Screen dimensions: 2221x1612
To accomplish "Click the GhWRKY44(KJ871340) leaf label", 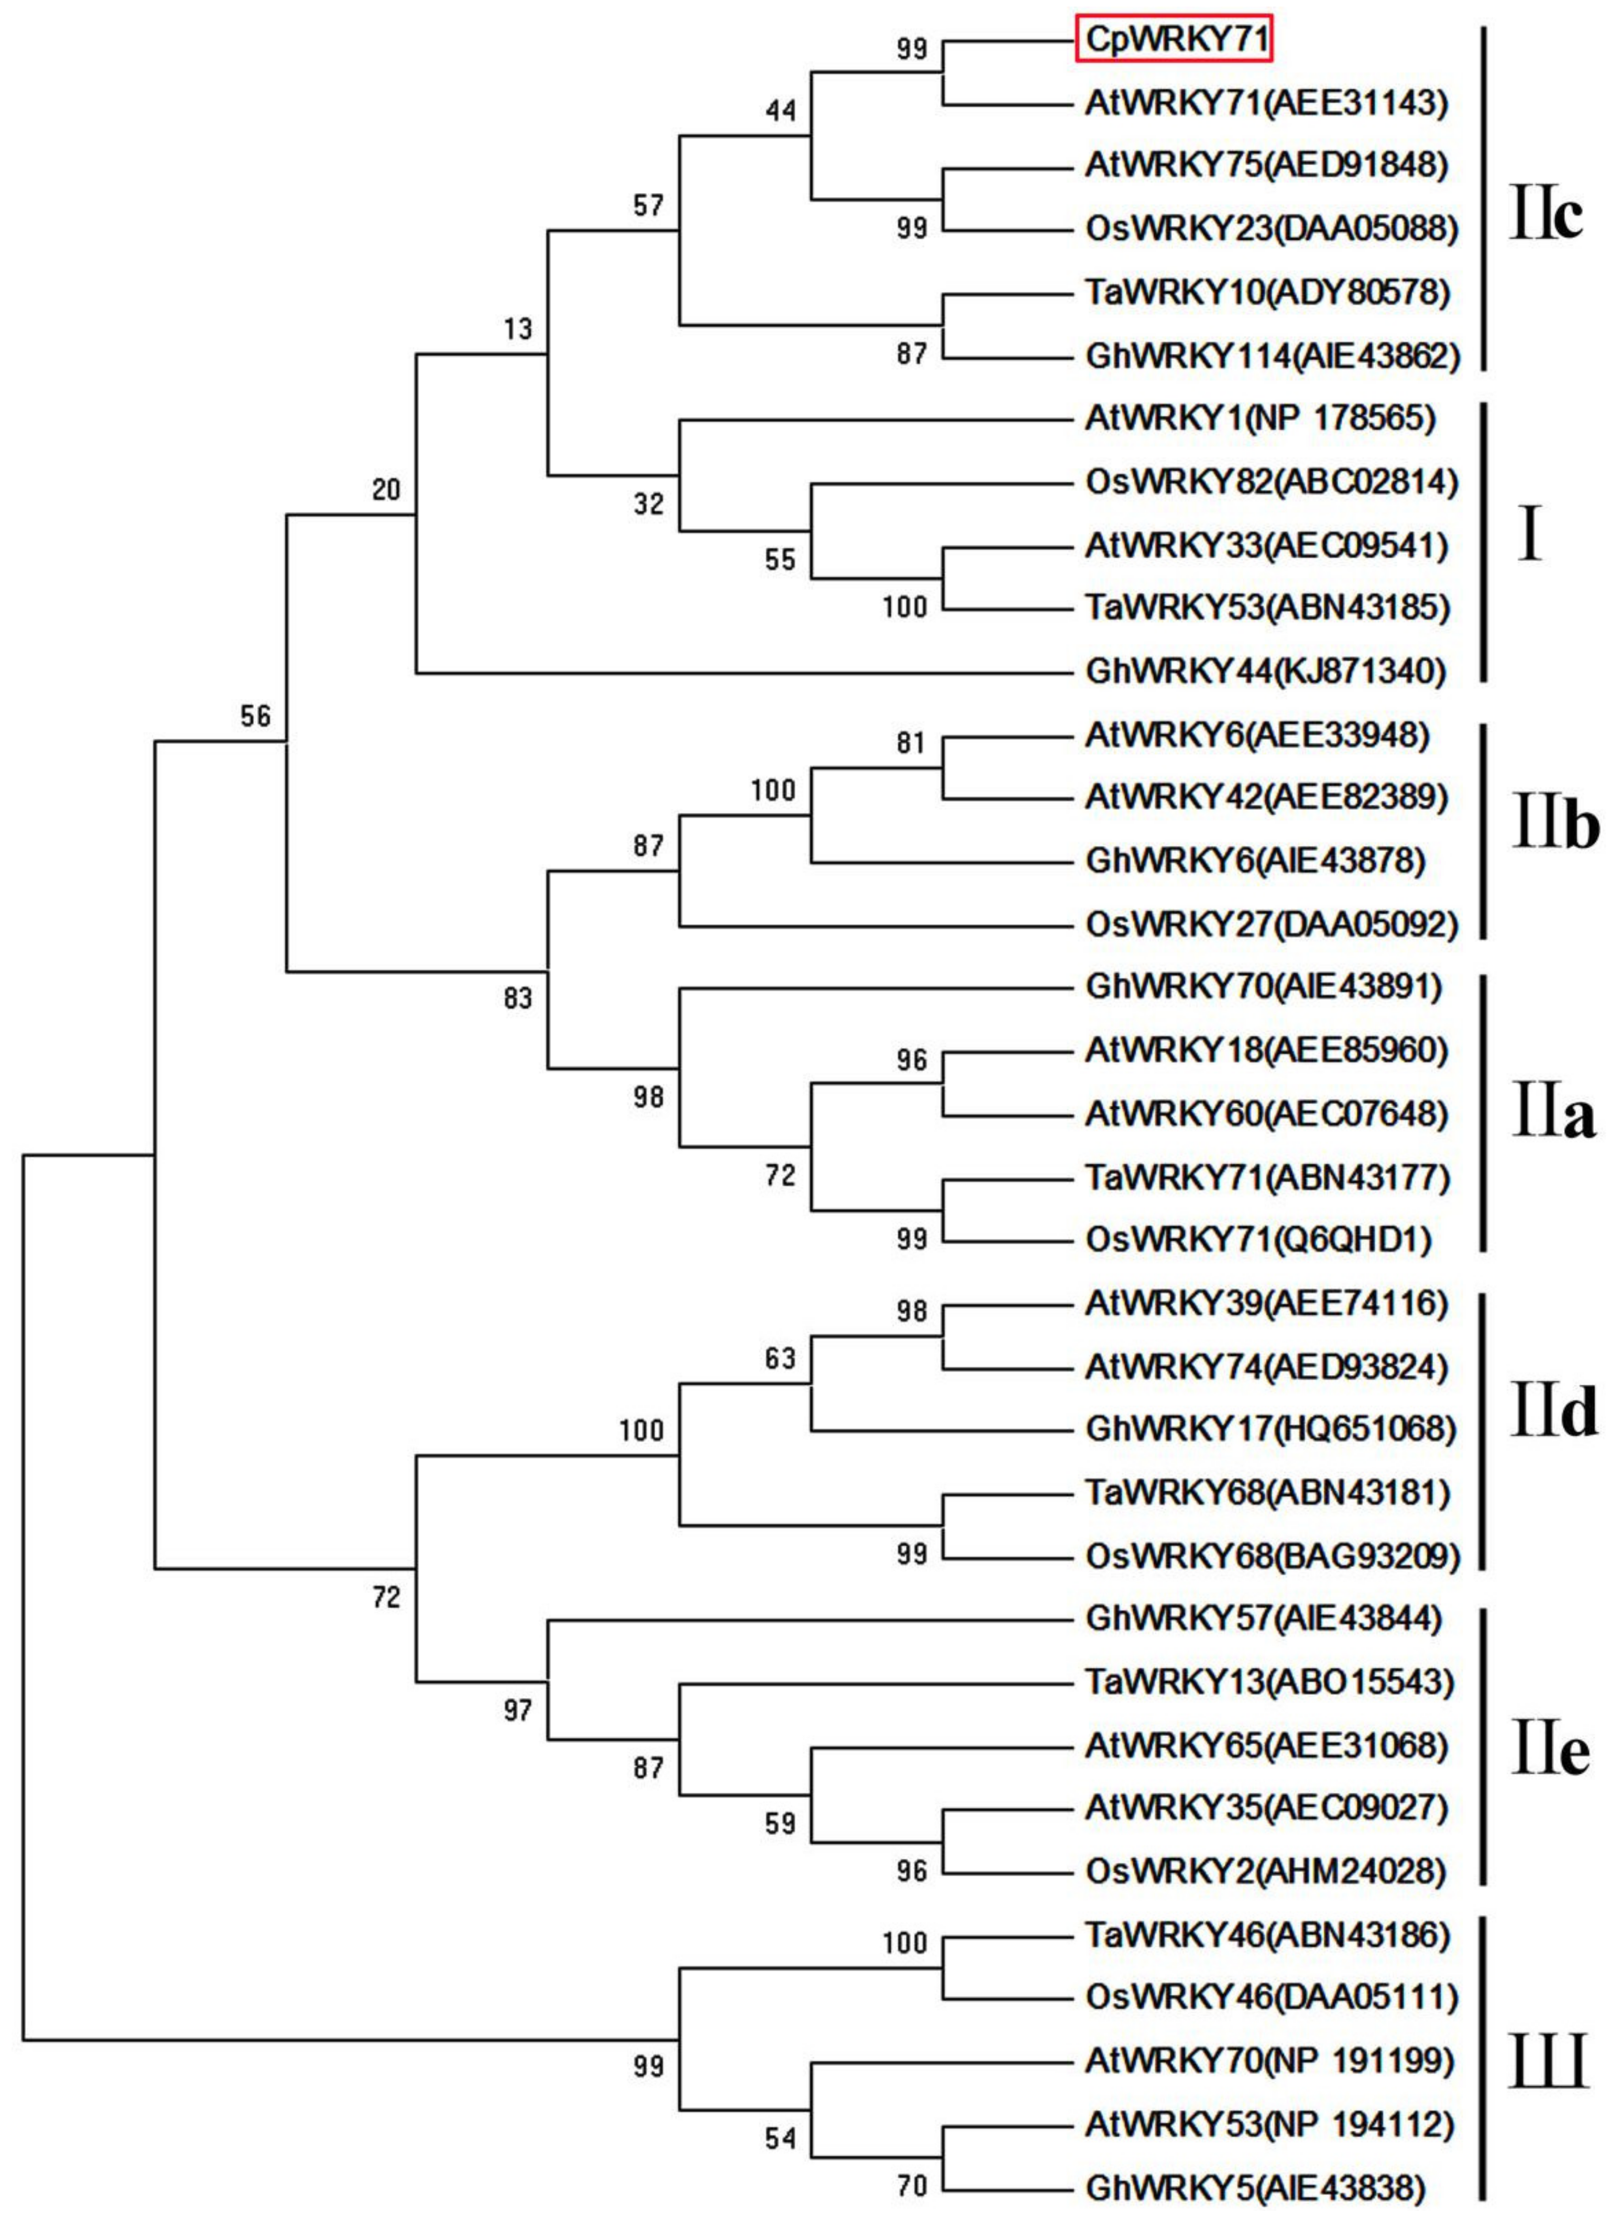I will click(x=1265, y=672).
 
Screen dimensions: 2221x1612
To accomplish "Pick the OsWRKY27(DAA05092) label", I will click(x=1271, y=925).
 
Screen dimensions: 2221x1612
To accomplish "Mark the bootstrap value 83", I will click(x=518, y=999).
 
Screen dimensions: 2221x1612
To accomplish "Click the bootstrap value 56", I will click(x=255, y=717).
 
